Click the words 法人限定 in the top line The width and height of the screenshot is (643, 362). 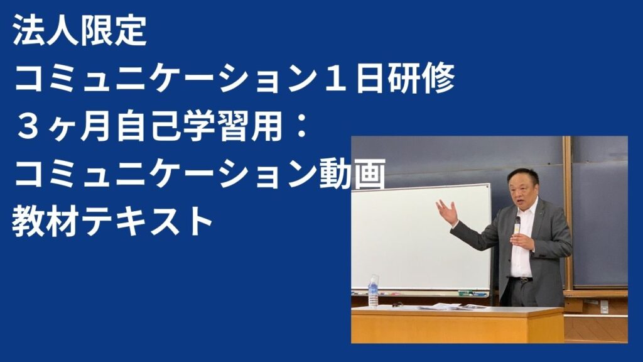tap(80, 31)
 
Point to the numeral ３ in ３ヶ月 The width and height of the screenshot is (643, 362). tap(28, 126)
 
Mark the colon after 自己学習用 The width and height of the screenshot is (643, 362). tap(302, 126)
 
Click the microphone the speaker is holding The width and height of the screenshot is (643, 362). tap(517, 226)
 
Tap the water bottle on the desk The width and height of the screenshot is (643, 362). tap(373, 291)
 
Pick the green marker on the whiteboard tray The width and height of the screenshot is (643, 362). tap(466, 293)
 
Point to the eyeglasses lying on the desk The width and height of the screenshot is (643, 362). tap(397, 305)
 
